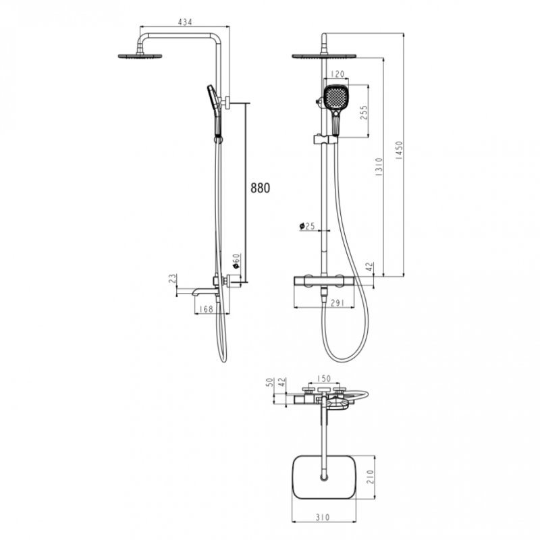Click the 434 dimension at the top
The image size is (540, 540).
pos(184,22)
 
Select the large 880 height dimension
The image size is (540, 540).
pos(260,188)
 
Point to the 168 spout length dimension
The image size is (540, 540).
pos(206,309)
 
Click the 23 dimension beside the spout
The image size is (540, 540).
pos(173,279)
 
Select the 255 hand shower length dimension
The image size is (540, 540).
pos(364,112)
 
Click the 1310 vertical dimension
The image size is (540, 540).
pos(379,167)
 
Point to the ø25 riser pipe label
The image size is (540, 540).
pos(307,227)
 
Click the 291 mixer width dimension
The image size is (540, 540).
pos(337,304)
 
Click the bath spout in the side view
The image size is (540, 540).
pos(203,292)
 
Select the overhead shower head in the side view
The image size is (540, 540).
pos(140,56)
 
